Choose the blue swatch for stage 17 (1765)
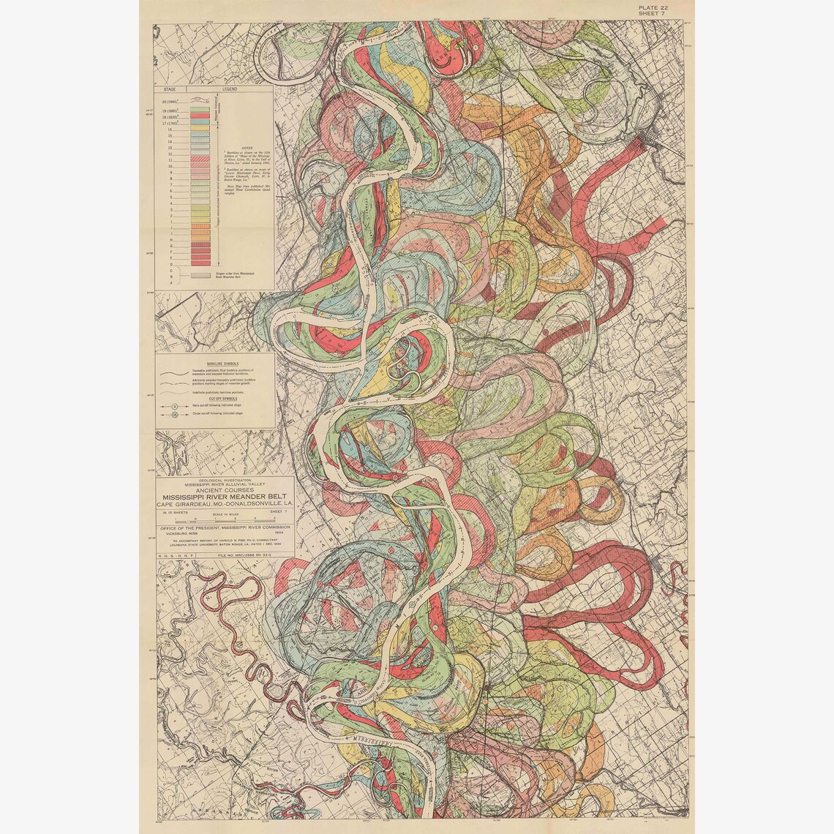pyautogui.click(x=200, y=124)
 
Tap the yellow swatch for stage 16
pyautogui.click(x=200, y=130)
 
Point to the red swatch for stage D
pyautogui.click(x=200, y=262)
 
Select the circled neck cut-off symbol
pyautogui.click(x=176, y=405)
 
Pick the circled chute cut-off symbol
pyautogui.click(x=176, y=415)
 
